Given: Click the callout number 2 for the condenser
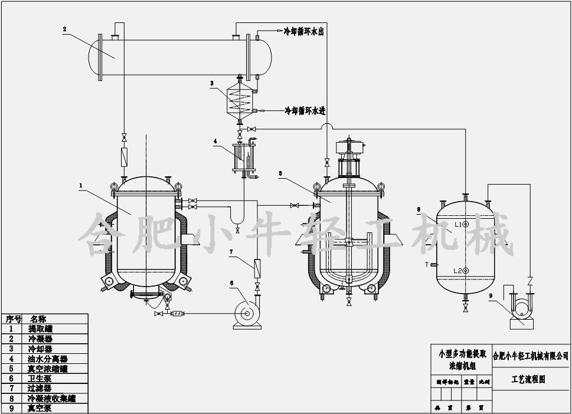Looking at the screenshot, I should tap(64, 28).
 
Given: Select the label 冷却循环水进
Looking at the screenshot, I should tap(305, 110).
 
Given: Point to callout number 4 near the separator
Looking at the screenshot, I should tap(215, 142).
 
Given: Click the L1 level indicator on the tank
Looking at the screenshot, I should tap(465, 225).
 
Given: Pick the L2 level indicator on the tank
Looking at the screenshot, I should tap(465, 271).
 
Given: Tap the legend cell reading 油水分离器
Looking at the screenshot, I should tap(48, 359).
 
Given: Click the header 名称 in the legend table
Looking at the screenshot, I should tap(38, 318).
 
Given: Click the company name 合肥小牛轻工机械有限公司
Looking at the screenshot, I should tap(531, 356).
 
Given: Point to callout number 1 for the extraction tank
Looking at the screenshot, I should tap(81, 185).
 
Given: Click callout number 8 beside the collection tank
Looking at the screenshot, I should tap(418, 209).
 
